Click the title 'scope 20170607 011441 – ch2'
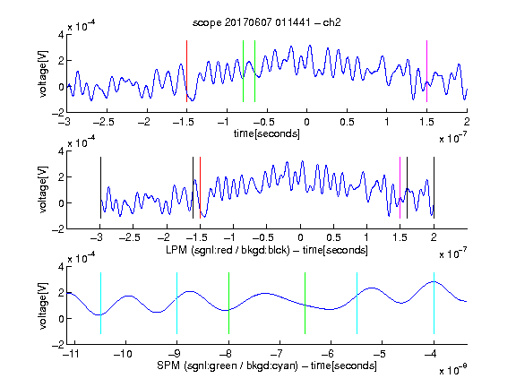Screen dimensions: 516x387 click(267, 22)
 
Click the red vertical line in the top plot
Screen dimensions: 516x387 click(186, 71)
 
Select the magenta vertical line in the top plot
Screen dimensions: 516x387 click(426, 71)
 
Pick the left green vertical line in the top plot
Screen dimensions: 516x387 click(243, 71)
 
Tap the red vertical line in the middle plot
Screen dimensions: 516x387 click(200, 187)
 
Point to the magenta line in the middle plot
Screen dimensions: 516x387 click(400, 187)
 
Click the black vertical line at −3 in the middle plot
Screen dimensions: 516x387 click(100, 187)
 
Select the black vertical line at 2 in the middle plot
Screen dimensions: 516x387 click(434, 187)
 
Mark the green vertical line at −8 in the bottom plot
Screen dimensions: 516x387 click(228, 303)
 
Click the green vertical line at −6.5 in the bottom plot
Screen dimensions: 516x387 click(305, 303)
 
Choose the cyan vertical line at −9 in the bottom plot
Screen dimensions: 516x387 click(176, 303)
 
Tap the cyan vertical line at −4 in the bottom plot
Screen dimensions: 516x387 click(434, 303)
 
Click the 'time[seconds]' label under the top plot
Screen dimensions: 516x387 click(267, 133)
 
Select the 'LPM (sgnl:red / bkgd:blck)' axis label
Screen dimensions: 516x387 click(228, 250)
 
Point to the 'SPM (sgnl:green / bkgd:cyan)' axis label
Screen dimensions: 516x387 click(228, 365)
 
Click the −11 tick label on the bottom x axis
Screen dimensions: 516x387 click(71, 354)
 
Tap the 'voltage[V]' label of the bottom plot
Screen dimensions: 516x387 click(43, 305)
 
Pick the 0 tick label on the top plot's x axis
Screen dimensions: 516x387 click(306, 122)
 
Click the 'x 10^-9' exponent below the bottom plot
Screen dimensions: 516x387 click(453, 370)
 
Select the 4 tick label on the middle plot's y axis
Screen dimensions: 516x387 click(61, 151)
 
